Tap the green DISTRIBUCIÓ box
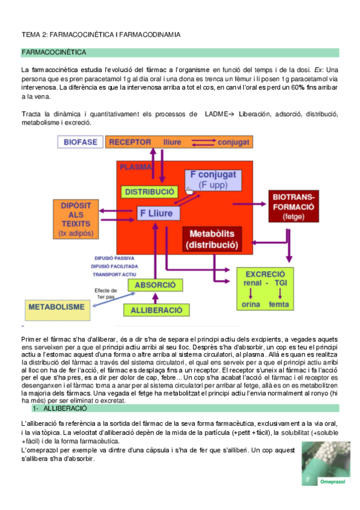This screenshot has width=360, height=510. [149, 191]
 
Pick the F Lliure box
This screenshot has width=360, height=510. [157, 212]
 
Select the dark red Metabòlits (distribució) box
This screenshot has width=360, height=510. [212, 239]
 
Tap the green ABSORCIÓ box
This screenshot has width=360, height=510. [155, 284]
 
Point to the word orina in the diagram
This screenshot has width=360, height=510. [250, 304]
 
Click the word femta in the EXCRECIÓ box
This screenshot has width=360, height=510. [279, 304]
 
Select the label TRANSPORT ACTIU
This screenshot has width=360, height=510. [112, 274]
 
